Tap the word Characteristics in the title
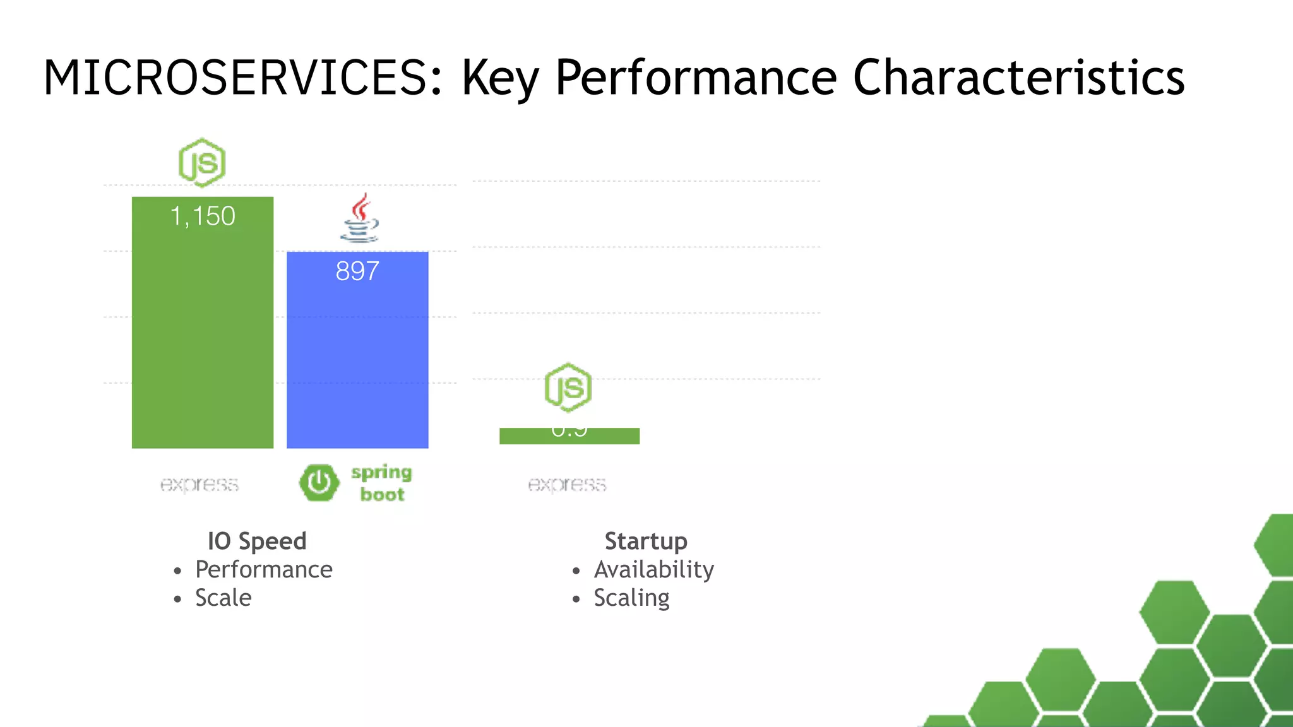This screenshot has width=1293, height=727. pyautogui.click(x=1018, y=78)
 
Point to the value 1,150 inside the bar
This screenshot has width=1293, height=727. pyautogui.click(x=203, y=216)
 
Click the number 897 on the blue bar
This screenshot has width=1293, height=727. pyautogui.click(x=357, y=271)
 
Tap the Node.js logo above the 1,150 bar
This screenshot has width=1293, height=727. pyautogui.click(x=202, y=163)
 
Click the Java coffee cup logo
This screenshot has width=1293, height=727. pyautogui.click(x=359, y=218)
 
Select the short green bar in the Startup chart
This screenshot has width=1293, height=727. pyautogui.click(x=569, y=436)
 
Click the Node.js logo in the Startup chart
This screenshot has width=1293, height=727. pyautogui.click(x=568, y=387)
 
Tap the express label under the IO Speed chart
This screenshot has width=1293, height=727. pyautogui.click(x=200, y=484)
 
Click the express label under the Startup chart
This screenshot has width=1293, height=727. pyautogui.click(x=567, y=484)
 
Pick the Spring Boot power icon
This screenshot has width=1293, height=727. pyautogui.click(x=319, y=483)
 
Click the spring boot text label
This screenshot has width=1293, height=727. pyautogui.click(x=382, y=483)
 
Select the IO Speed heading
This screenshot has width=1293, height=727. pyautogui.click(x=257, y=541)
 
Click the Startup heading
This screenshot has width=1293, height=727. pyautogui.click(x=645, y=541)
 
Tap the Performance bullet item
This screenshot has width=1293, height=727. pyautogui.click(x=263, y=569)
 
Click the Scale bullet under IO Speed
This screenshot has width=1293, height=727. pyautogui.click(x=223, y=598)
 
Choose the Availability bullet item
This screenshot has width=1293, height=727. pyautogui.click(x=653, y=569)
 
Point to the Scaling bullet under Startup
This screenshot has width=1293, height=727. pyautogui.click(x=631, y=598)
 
